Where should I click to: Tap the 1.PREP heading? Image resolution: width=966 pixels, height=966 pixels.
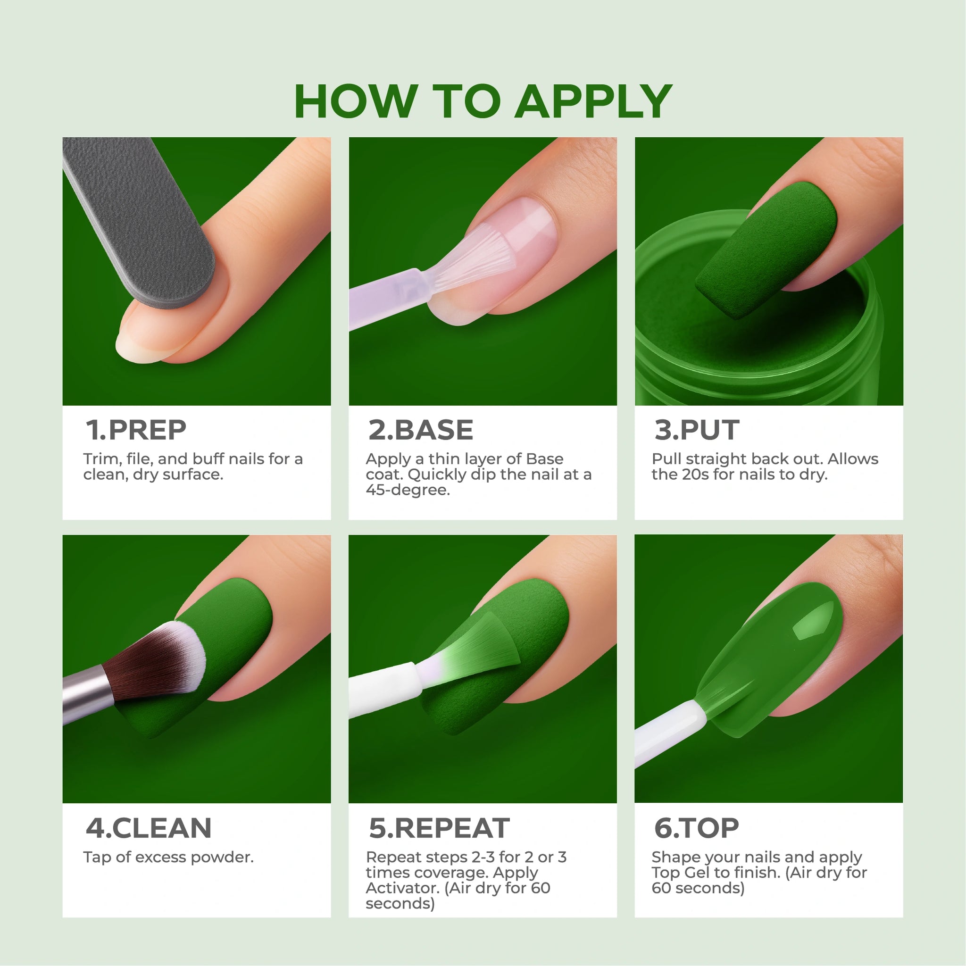click(136, 430)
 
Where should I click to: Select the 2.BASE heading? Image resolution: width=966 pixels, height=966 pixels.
click(420, 430)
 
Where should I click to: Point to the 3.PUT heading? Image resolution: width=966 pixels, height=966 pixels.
click(697, 430)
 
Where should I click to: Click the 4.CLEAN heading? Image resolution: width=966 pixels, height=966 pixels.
click(149, 828)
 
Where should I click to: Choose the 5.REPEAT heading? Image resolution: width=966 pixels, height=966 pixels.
click(439, 828)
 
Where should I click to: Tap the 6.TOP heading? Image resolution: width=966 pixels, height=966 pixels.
click(696, 828)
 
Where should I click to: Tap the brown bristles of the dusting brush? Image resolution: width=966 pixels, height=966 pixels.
click(150, 660)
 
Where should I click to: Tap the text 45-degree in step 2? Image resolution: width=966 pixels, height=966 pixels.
click(408, 490)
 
